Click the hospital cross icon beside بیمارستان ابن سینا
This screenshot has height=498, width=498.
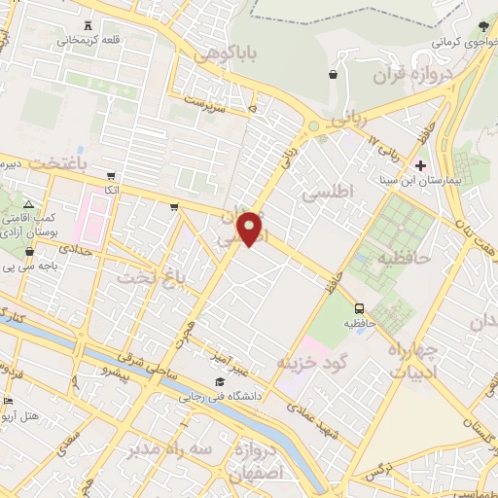coord(419,165)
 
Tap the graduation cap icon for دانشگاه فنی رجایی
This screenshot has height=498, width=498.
coord(220,381)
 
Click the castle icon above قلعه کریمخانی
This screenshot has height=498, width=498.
coord(89,26)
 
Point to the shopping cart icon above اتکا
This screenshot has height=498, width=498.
coord(112,177)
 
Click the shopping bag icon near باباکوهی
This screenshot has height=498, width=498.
coord(334,74)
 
